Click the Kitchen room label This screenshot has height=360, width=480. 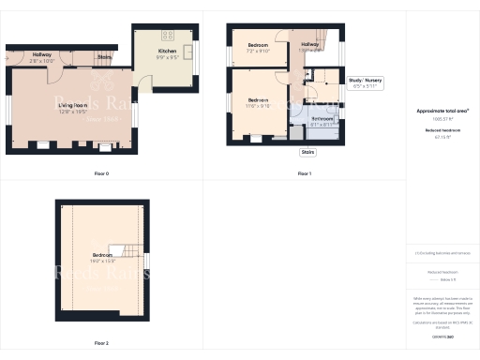point(166,50)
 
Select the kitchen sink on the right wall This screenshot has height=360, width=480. point(187,52)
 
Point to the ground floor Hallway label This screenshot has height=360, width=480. point(42,54)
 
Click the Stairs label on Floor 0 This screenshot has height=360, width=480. point(104,57)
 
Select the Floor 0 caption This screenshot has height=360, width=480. point(101,173)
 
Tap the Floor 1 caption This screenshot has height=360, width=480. point(304,173)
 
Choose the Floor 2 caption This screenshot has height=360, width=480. point(101,343)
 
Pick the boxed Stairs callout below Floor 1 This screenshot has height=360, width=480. point(307,151)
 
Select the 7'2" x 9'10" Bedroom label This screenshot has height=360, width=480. point(257,46)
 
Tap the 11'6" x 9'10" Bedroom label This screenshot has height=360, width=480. point(258,100)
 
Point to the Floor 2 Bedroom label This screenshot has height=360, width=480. point(101,255)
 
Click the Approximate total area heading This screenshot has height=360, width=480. point(442,111)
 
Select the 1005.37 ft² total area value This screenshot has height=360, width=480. point(442,119)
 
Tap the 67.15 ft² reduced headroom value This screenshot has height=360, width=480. point(442,136)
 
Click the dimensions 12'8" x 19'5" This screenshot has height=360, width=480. point(72,112)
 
